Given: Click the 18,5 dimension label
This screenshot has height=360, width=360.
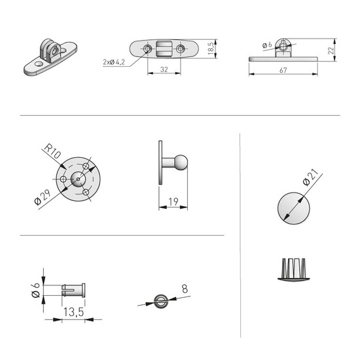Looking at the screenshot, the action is point(211,48).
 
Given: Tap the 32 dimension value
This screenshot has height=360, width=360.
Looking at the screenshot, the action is point(164,69).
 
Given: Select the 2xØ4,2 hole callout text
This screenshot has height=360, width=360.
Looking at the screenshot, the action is point(114,62).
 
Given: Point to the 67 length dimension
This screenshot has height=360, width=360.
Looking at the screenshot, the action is point(283,70).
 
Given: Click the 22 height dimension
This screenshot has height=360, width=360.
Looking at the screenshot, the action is point(331,50).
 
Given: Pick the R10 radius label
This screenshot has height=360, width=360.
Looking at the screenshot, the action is point(52,151).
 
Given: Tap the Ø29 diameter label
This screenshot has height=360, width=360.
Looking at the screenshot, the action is point(43,197).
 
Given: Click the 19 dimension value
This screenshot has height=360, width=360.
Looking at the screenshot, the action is point(173,202).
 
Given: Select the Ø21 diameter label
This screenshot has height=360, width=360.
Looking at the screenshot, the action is point(310,177).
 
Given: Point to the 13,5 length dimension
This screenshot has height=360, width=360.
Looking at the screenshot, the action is point(73,312).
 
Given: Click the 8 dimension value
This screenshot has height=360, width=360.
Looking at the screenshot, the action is point(185,289).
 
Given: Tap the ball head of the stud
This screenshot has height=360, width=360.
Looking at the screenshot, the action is point(181,162).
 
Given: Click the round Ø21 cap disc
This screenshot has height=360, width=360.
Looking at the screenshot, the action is point(294,208).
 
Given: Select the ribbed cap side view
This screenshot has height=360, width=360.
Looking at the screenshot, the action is point(294,270).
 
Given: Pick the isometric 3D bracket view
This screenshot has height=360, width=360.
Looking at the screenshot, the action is point(50,57).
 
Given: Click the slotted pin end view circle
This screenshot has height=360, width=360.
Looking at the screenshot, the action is point(160,301).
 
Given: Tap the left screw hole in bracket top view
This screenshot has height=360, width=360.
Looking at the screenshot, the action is point(147,48).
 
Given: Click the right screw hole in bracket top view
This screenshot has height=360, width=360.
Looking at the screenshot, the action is point(181,48).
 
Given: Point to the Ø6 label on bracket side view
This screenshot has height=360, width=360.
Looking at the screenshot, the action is point(267,45).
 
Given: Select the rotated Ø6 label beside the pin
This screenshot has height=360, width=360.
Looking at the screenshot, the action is point(35,290).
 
